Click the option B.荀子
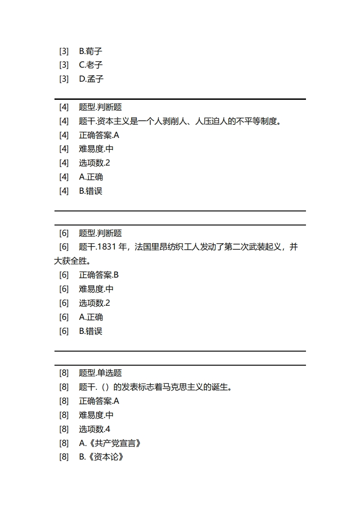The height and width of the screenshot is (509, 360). [x=91, y=51]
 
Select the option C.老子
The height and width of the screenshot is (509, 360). [x=91, y=65]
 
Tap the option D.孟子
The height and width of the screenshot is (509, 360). [x=91, y=79]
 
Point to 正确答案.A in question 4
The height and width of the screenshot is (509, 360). [x=99, y=135]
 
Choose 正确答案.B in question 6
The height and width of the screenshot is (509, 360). [x=99, y=275]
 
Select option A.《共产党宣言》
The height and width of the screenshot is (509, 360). [x=110, y=443]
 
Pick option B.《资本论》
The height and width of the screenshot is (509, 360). [x=102, y=457]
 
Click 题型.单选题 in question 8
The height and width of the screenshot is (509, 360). [x=100, y=373]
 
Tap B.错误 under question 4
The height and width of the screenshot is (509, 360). [x=91, y=191]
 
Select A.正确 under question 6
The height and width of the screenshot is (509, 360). [x=91, y=317]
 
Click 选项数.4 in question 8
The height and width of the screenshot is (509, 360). [x=94, y=429]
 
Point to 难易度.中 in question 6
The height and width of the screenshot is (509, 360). [x=96, y=289]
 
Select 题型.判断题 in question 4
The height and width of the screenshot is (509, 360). [x=100, y=107]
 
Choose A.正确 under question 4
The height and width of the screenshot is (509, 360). [x=91, y=177]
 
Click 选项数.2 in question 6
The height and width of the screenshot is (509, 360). [x=94, y=303]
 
